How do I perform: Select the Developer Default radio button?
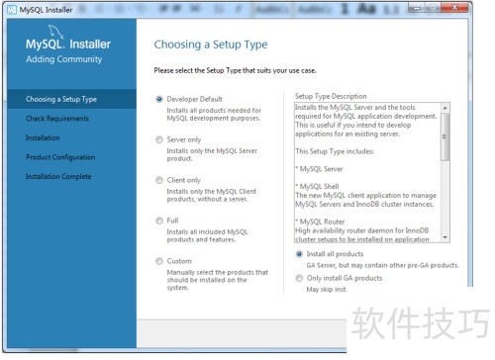(x=159, y=99)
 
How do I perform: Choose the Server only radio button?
(x=159, y=139)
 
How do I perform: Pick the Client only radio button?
(x=159, y=180)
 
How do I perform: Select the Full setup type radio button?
(x=159, y=221)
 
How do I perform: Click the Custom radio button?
(x=159, y=261)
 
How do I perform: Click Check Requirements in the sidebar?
(x=56, y=119)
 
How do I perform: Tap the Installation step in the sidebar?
(x=43, y=137)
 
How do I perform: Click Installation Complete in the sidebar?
(x=58, y=176)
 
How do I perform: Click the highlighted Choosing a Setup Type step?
(x=61, y=100)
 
